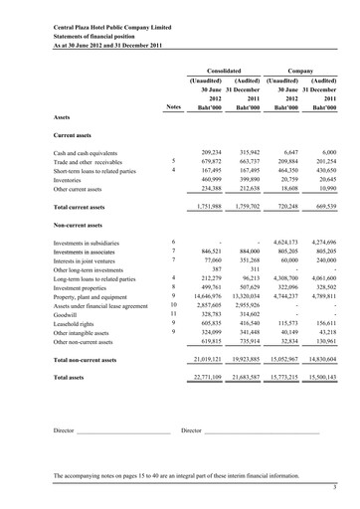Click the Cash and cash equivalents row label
[90, 149]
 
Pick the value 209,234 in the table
[206, 149]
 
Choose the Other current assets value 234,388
[206, 187]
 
